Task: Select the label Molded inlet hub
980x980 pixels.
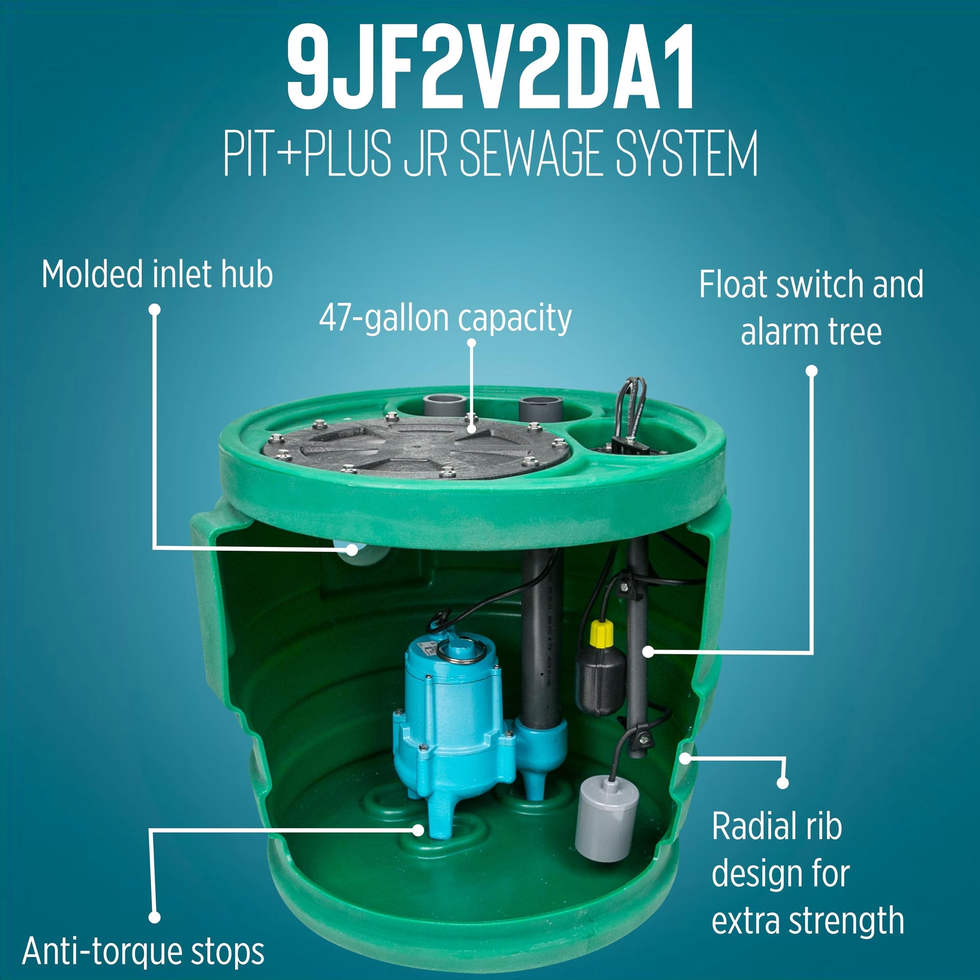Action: click(x=157, y=274)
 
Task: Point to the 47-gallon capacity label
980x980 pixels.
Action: click(x=445, y=318)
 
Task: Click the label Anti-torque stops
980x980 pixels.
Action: click(x=143, y=951)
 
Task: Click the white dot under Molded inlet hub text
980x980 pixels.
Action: click(x=156, y=309)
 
